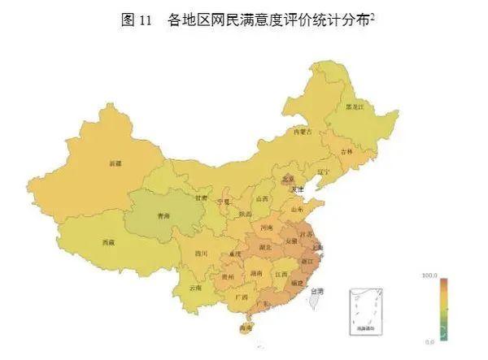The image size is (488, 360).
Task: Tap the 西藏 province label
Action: (108, 241)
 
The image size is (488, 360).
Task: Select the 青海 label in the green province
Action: (163, 215)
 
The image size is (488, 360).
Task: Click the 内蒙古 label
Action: (303, 131)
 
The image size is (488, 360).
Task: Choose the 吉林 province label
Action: (347, 151)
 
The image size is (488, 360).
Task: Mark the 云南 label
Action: (195, 288)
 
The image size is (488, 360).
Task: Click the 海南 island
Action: (245, 328)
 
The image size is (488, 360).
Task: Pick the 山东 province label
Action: (297, 209)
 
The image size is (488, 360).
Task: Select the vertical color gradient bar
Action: (443, 309)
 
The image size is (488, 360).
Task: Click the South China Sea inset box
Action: (365, 310)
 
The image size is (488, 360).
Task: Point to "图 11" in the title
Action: (137, 22)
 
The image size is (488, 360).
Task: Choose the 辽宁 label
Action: (324, 172)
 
